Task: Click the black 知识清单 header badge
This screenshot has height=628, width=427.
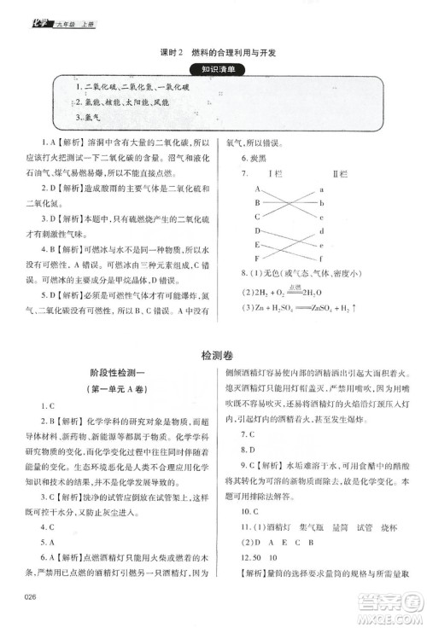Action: (213, 69)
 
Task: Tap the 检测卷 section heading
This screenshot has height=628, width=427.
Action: (213, 352)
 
